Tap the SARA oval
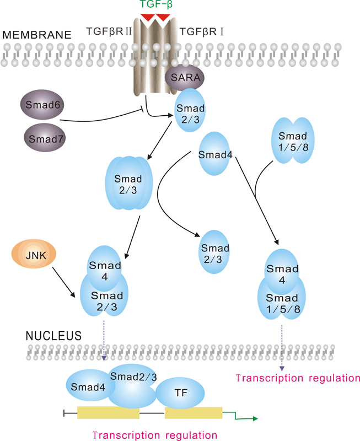[185, 79]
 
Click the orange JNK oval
[32, 255]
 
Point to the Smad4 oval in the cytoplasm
[214, 154]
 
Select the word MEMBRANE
[37, 35]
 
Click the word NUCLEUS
[53, 335]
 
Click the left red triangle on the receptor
[148, 19]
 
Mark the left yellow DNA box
[108, 413]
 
